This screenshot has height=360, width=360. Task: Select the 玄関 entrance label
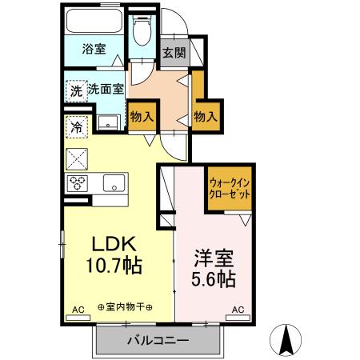174,54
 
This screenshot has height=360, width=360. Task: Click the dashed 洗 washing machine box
75,90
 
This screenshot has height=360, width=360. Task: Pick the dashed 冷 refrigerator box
77,125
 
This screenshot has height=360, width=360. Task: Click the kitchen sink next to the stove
114,182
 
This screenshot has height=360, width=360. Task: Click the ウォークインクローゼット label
230,189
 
